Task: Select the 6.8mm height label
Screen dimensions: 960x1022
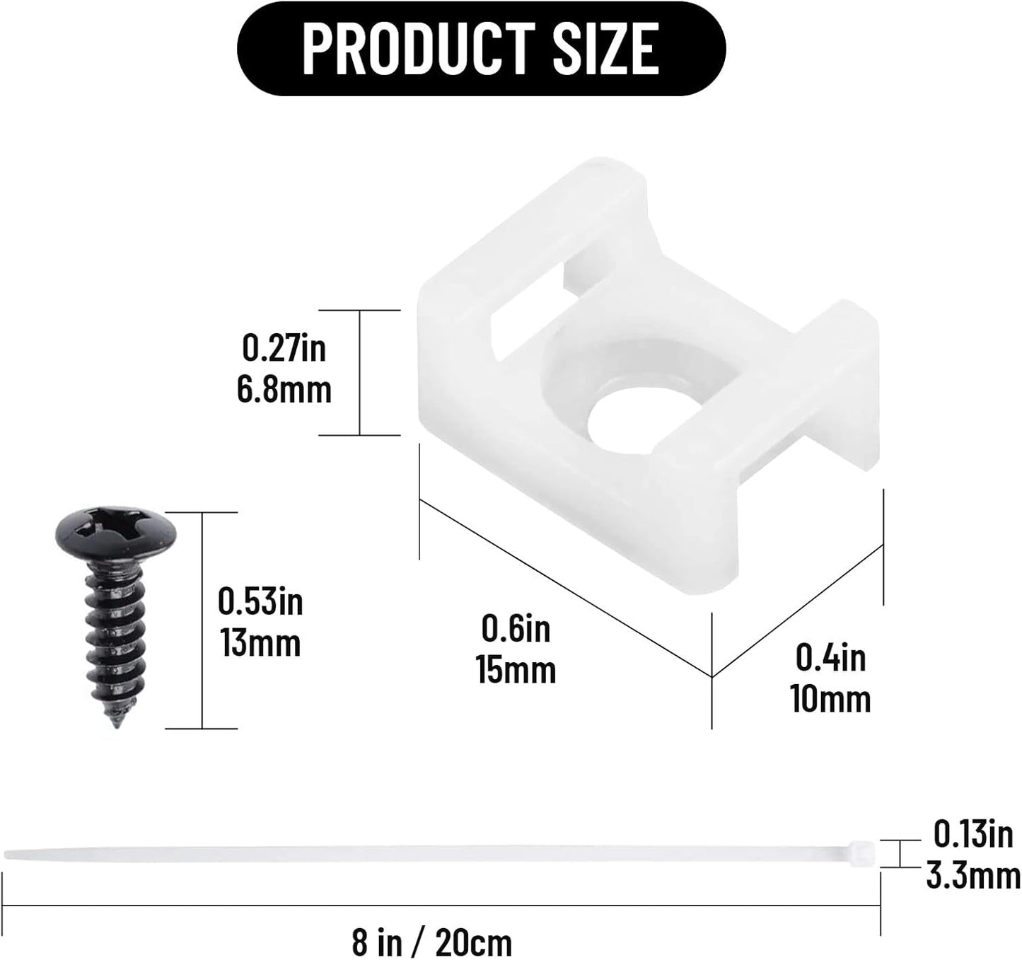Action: (x=284, y=390)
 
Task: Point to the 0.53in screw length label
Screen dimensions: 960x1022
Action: (x=260, y=602)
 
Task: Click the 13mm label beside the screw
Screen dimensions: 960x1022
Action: (x=260, y=644)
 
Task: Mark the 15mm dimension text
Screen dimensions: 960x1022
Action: (x=516, y=670)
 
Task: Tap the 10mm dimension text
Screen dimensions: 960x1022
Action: (x=830, y=699)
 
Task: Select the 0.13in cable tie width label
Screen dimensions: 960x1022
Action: (x=972, y=835)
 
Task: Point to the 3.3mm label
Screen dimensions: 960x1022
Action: (x=972, y=877)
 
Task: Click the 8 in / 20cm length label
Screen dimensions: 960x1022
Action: (x=431, y=942)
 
